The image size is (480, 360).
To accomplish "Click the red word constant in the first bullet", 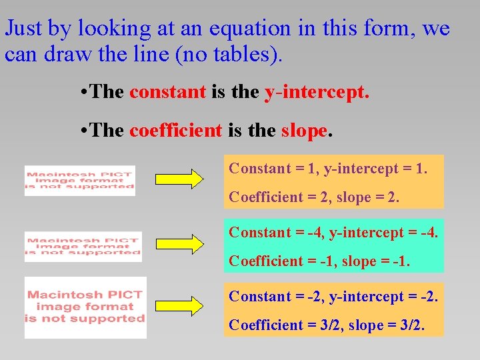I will click(x=167, y=92).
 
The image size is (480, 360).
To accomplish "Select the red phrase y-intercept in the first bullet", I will click(x=316, y=92).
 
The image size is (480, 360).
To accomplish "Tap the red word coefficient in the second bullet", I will click(x=175, y=130).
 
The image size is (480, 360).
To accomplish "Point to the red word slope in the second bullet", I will click(x=304, y=130).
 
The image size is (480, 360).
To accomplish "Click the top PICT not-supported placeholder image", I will click(x=79, y=180).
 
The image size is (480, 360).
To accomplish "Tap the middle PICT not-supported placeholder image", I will click(x=83, y=246).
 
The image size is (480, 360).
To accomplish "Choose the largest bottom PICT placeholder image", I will click(x=85, y=307).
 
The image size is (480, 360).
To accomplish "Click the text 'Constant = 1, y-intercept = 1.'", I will click(x=327, y=169).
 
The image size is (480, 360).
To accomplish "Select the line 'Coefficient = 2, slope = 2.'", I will click(x=314, y=197).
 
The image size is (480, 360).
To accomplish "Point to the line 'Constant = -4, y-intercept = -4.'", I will click(x=333, y=233).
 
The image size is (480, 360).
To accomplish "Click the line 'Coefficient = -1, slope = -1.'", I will click(x=319, y=261).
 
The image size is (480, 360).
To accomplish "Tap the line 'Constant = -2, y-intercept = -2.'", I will click(x=333, y=296).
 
